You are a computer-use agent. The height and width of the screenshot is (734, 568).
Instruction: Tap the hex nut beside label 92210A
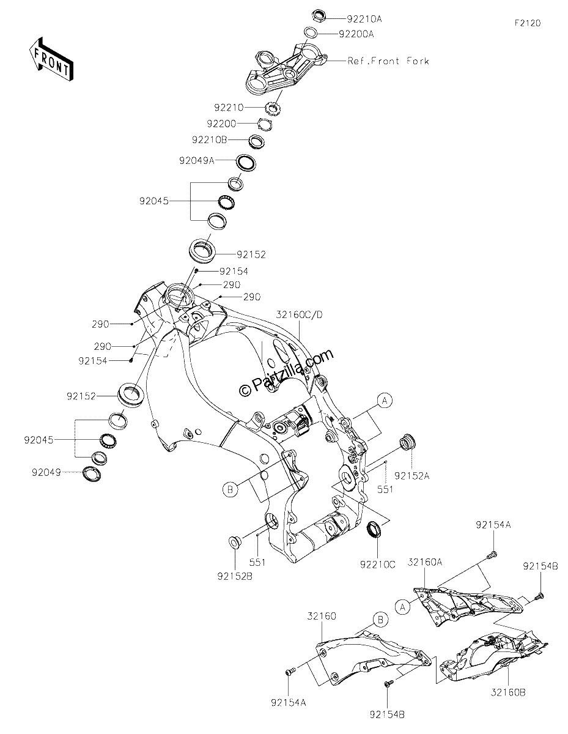[318, 15]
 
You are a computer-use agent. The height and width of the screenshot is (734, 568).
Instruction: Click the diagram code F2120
[528, 23]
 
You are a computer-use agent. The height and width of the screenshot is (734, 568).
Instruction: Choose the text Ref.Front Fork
[388, 61]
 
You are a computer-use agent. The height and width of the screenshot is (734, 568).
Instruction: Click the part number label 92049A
[197, 160]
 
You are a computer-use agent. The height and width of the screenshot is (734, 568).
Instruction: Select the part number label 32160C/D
[300, 314]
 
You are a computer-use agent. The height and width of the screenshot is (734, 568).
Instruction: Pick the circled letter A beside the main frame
[385, 401]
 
